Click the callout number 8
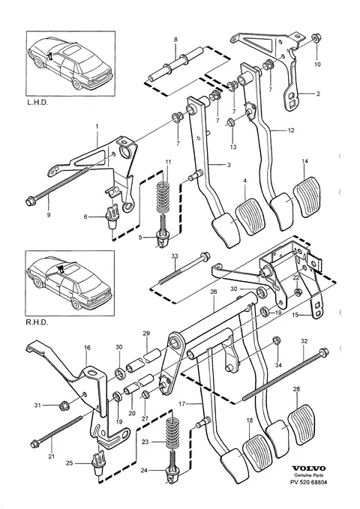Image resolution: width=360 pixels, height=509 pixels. click(x=175, y=40)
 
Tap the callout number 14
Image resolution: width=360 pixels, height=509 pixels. click(x=304, y=161)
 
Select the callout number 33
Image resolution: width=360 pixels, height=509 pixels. click(x=175, y=256)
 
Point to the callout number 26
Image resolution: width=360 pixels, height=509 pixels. click(x=213, y=292)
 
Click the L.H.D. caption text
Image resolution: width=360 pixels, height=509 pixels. click(x=37, y=102)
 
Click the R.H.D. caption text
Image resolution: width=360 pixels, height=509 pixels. click(x=37, y=322)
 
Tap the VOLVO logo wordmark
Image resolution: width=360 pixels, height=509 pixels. click(x=308, y=468)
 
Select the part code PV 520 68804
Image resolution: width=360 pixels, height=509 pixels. click(x=309, y=482)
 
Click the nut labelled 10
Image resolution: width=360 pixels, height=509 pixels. click(x=315, y=38)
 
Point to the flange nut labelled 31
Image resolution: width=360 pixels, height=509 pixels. click(x=63, y=405)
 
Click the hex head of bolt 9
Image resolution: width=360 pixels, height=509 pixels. click(x=31, y=202)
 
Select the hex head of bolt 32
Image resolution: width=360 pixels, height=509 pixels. click(x=323, y=352)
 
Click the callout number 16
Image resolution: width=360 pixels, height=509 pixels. click(x=87, y=347)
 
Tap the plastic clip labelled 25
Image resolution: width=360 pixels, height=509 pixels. click(x=98, y=463)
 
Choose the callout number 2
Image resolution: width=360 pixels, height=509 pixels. click(x=318, y=94)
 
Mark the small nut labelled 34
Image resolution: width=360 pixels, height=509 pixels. click(x=277, y=340)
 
